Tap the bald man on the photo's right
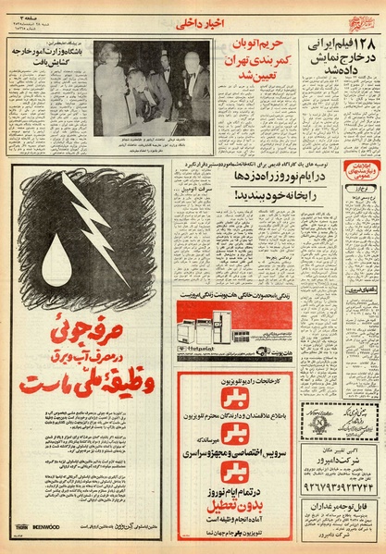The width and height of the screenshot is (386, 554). [x=194, y=88]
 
